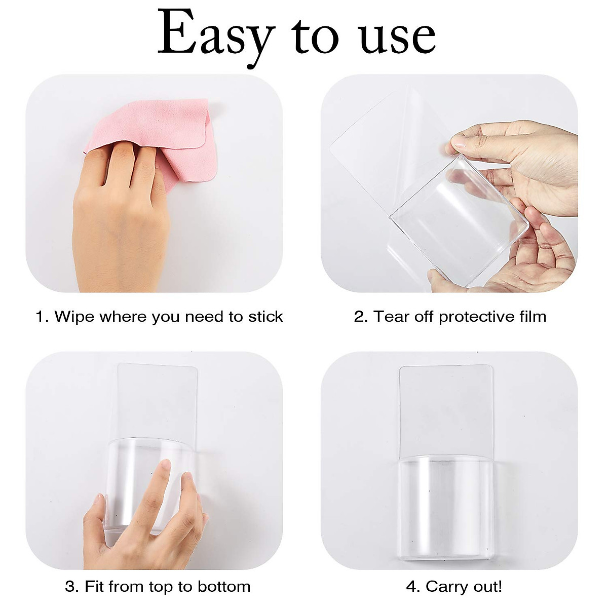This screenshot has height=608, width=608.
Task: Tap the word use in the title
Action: (x=397, y=36)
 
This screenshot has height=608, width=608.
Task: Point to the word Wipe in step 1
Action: (x=75, y=317)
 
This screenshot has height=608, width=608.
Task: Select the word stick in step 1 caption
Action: (x=265, y=317)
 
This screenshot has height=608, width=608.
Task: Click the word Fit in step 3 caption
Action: (x=94, y=587)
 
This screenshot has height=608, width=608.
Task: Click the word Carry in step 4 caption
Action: (x=445, y=587)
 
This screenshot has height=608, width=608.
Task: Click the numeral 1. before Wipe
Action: (x=42, y=317)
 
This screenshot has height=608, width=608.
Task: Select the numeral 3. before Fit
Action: (x=72, y=587)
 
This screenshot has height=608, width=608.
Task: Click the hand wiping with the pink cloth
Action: (x=122, y=218)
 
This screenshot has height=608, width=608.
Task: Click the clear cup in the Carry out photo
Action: (x=446, y=502)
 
